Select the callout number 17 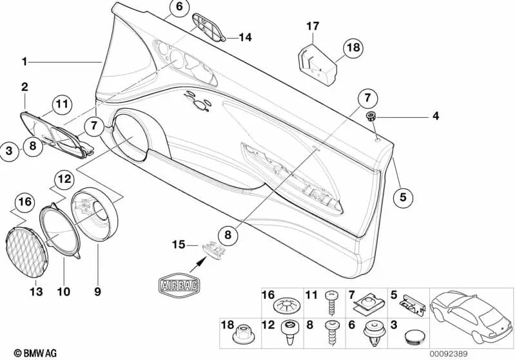[313, 26]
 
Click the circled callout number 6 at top [179, 8]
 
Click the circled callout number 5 [403, 197]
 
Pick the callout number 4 [436, 117]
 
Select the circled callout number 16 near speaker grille [23, 202]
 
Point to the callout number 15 [179, 244]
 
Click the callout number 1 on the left [24, 62]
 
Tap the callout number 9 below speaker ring [98, 292]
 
